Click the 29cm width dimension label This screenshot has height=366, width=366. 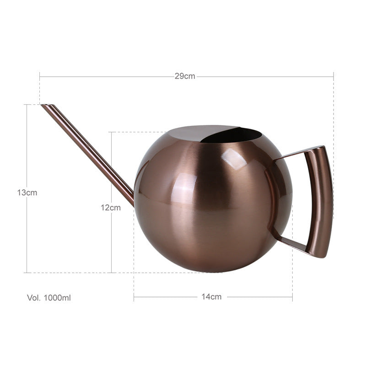click(185, 76)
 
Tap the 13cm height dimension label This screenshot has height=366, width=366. click(27, 193)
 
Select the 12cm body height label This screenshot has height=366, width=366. click(111, 207)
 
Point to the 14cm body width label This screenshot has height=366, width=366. click(211, 297)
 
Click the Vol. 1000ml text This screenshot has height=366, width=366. click(49, 298)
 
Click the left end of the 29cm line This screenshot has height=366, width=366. click(40, 76)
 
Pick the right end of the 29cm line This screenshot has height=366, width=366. click(334, 76)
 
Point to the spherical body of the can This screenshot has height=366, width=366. click(210, 206)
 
